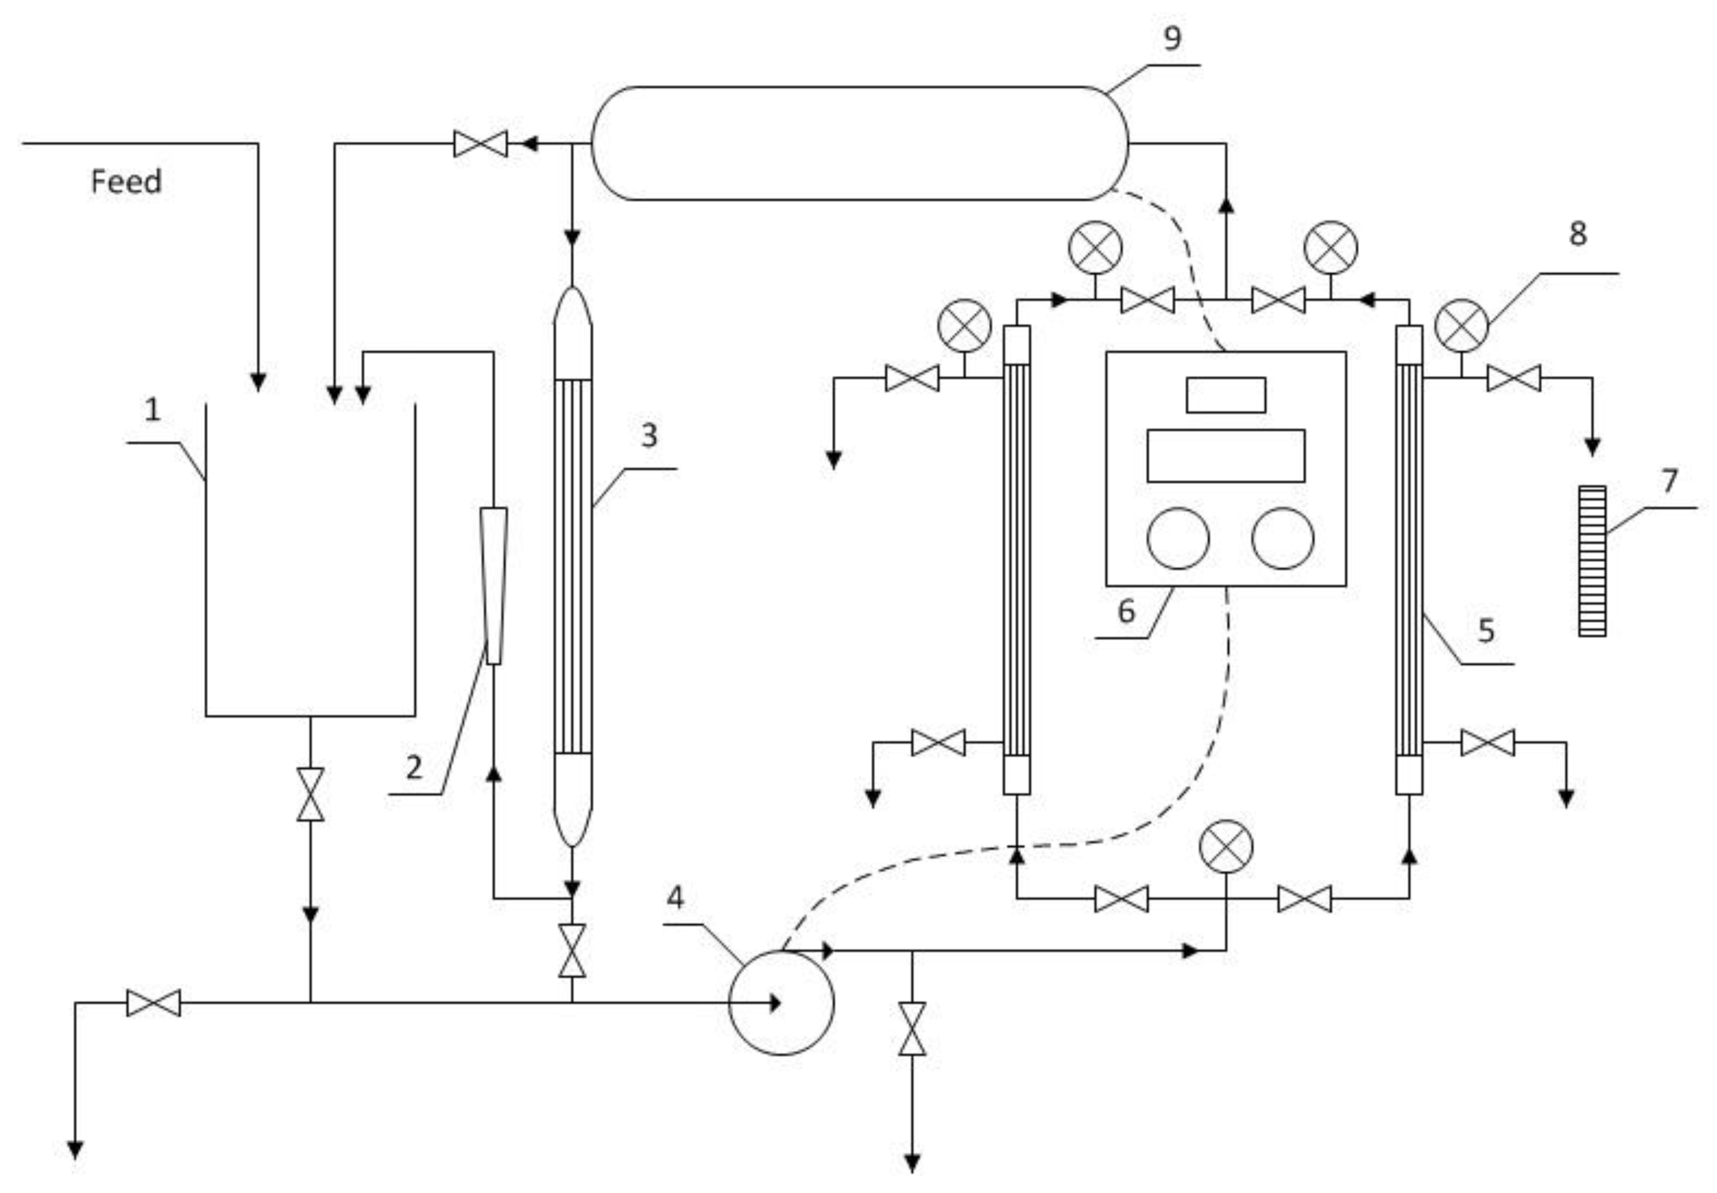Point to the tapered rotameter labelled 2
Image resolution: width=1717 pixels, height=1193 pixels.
pyautogui.click(x=493, y=586)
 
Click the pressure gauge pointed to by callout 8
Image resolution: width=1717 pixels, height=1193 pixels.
pyautogui.click(x=1462, y=326)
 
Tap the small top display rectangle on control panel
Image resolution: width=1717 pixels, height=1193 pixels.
pyautogui.click(x=1225, y=395)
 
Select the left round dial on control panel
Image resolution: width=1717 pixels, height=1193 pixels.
pyautogui.click(x=1178, y=538)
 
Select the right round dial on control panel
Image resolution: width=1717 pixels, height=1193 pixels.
pyautogui.click(x=1283, y=538)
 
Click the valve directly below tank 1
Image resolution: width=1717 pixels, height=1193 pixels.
pyautogui.click(x=310, y=794)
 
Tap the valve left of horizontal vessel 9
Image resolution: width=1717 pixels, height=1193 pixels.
pyautogui.click(x=481, y=144)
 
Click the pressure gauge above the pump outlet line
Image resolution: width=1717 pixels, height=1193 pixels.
pyautogui.click(x=1226, y=846)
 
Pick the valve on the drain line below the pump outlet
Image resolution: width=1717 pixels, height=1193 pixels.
pyautogui.click(x=912, y=1028)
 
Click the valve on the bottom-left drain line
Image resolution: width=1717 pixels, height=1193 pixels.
pyautogui.click(x=153, y=1003)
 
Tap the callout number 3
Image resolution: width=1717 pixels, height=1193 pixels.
pyautogui.click(x=649, y=435)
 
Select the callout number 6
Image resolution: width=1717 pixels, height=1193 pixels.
pyautogui.click(x=1126, y=611)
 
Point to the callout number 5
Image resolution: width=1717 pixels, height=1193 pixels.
pyautogui.click(x=1486, y=630)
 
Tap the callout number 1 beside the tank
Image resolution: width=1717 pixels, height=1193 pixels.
pyautogui.click(x=152, y=410)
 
